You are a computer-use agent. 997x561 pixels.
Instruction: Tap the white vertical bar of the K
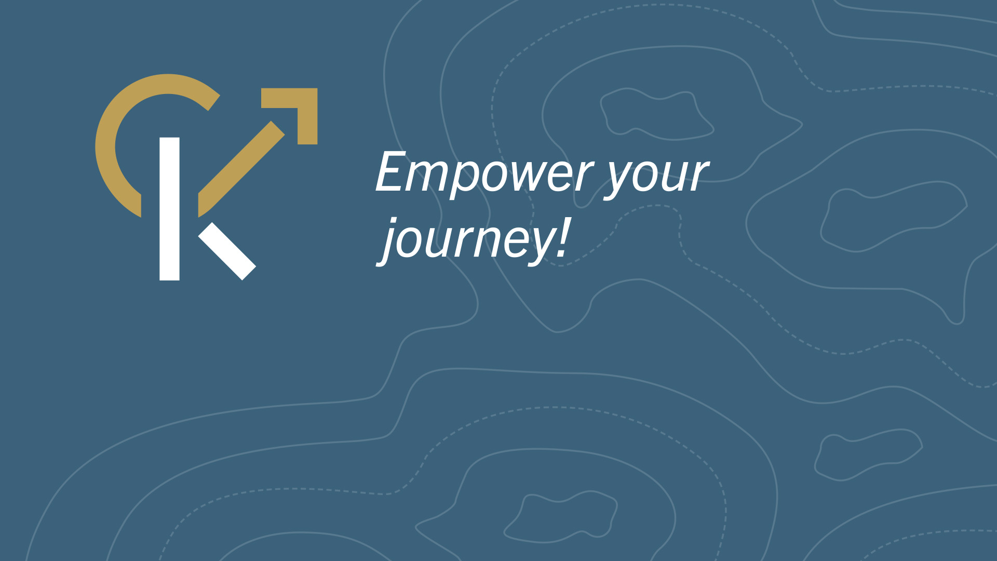pos(169,209)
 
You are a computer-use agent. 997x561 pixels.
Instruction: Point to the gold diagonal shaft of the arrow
pos(241,169)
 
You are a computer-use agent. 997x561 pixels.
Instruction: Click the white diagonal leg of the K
pos(227,251)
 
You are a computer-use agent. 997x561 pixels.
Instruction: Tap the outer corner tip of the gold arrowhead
pos(317,89)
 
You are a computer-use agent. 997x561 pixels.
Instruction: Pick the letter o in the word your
pos(646,176)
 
